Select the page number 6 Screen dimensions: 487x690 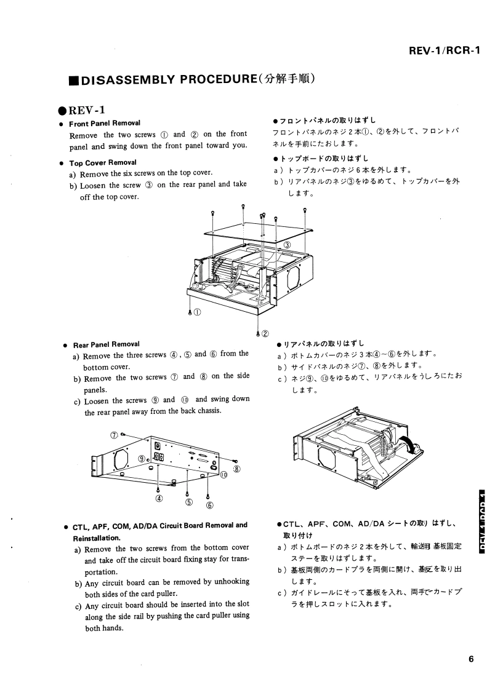470,660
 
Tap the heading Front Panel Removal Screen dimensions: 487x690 105,123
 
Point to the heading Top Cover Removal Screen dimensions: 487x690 103,163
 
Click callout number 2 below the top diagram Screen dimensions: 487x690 265,334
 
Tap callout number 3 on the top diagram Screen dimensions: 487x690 287,245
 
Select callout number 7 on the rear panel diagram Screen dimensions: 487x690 114,435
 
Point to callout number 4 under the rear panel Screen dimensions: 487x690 159,498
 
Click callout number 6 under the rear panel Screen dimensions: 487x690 209,506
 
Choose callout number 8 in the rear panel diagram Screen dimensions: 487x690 237,469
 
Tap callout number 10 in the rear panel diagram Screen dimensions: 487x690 223,474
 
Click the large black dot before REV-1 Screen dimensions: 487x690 62,111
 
